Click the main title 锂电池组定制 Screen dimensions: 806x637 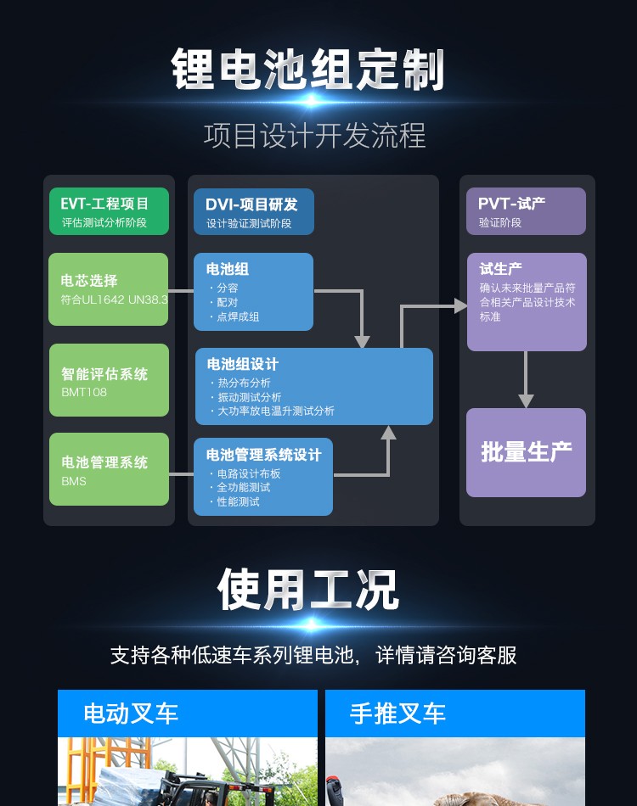[308, 69]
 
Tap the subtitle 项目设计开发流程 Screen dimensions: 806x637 [314, 136]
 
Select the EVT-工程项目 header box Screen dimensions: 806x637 [109, 211]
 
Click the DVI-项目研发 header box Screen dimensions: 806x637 [253, 212]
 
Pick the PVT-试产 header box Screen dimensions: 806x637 [526, 211]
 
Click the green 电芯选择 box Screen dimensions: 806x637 [109, 289]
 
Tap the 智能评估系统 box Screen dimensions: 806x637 [109, 380]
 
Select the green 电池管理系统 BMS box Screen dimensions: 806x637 [109, 469]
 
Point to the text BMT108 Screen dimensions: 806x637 [84, 393]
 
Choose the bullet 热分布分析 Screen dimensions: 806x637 [245, 383]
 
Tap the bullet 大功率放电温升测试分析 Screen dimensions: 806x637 [276, 411]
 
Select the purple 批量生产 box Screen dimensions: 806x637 [526, 452]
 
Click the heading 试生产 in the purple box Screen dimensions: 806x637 [501, 269]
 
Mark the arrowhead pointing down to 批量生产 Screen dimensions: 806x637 [527, 400]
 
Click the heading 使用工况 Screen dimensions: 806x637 [307, 590]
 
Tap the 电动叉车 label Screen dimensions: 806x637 [131, 714]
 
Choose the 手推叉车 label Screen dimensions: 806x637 [397, 714]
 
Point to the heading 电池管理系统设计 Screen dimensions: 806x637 [264, 456]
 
